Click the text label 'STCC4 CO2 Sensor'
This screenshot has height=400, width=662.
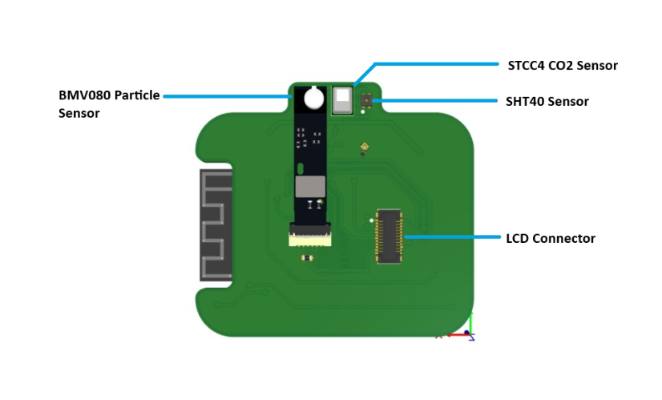click(563, 64)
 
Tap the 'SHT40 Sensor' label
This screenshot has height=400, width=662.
click(547, 102)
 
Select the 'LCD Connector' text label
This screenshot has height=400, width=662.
click(550, 238)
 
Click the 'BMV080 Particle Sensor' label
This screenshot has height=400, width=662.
click(109, 103)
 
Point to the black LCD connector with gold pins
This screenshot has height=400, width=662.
click(390, 236)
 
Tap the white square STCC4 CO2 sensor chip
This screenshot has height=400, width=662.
click(343, 101)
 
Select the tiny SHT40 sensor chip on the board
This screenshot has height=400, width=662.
click(366, 100)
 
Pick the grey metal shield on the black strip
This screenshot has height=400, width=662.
click(309, 188)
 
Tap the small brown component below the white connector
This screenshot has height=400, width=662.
click(305, 257)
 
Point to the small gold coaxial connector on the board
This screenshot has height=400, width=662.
click(363, 147)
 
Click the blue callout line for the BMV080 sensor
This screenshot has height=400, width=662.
click(228, 95)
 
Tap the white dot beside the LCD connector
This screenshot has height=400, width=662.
click(371, 220)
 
